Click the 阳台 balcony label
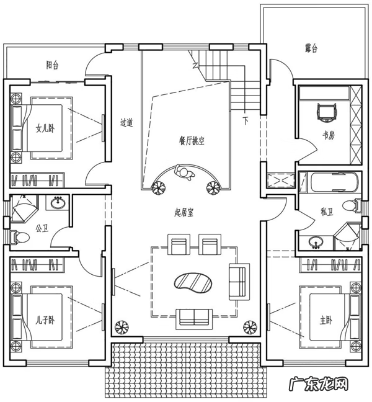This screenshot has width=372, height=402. point(52,65)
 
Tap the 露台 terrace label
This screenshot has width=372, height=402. point(311,48)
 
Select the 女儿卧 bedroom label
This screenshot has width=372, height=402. point(45,128)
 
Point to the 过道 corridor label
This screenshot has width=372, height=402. point(126,123)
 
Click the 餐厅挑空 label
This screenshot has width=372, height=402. point(192,141)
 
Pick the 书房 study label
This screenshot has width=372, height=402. point(328,135)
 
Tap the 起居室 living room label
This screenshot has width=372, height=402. point(184,213)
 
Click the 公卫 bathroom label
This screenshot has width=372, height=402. point(42,228)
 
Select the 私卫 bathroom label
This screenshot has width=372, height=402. point(327,212)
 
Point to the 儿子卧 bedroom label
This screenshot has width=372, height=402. point(45,320)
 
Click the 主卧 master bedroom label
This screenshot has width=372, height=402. point(325,320)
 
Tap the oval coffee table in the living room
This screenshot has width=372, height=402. point(193,282)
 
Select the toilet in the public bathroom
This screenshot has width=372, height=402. point(19,237)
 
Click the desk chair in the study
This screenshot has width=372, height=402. point(326,112)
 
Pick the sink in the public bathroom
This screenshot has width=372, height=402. point(58,203)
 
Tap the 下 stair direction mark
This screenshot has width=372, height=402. point(246,121)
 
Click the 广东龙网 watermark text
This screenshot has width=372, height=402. point(319,385)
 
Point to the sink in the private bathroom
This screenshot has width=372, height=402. point(316,242)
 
